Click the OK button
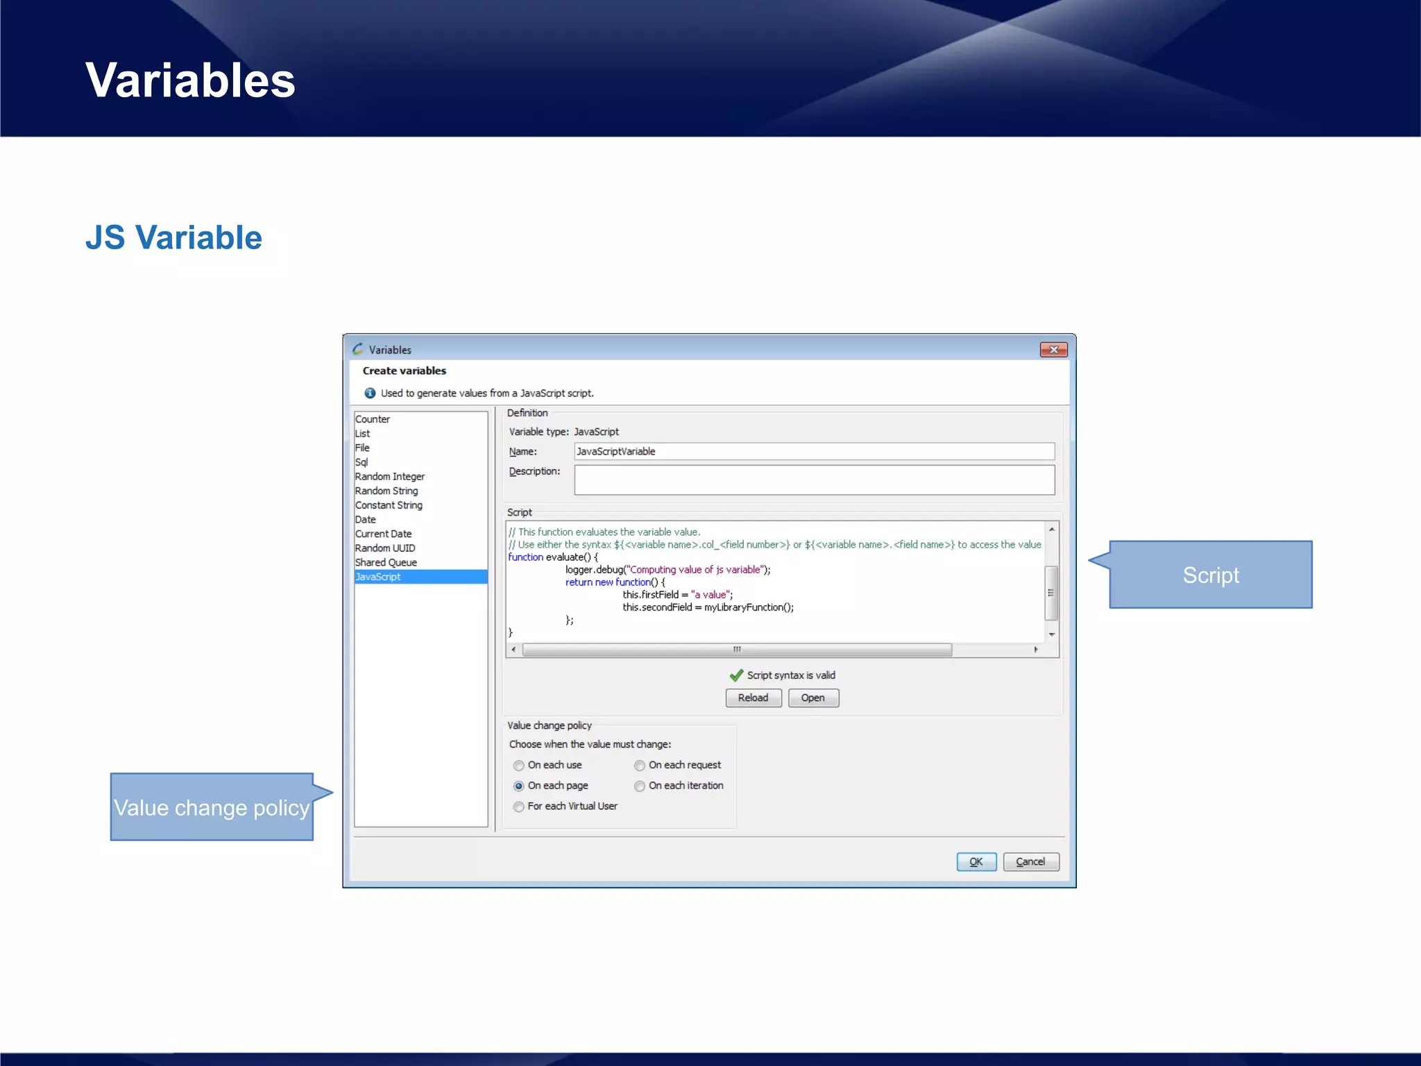[x=976, y=861]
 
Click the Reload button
[x=753, y=697]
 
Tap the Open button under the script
[x=812, y=697]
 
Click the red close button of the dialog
[x=1053, y=350]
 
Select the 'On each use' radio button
[x=519, y=765]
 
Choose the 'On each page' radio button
[x=519, y=786]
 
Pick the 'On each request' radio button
[x=640, y=765]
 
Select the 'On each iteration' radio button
[x=640, y=786]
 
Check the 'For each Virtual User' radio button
[x=519, y=806]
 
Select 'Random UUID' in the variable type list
[x=385, y=548]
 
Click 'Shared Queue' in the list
[x=386, y=563]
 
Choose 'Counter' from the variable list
[x=373, y=419]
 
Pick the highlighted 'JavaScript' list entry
[x=378, y=577]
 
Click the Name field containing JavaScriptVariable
[x=814, y=451]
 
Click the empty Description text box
[x=814, y=480]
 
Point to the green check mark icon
[x=736, y=675]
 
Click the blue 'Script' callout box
[x=1210, y=575]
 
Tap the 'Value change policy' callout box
[x=212, y=807]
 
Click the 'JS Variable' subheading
[x=173, y=237]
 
